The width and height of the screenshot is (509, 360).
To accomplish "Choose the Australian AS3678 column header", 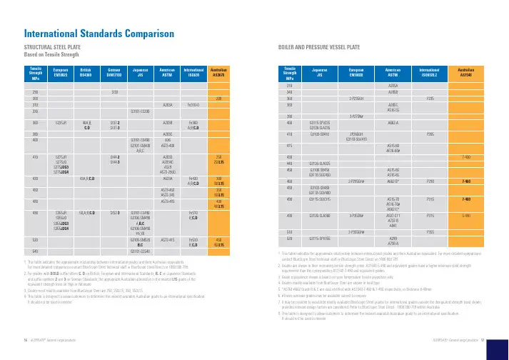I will coord(220,73).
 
